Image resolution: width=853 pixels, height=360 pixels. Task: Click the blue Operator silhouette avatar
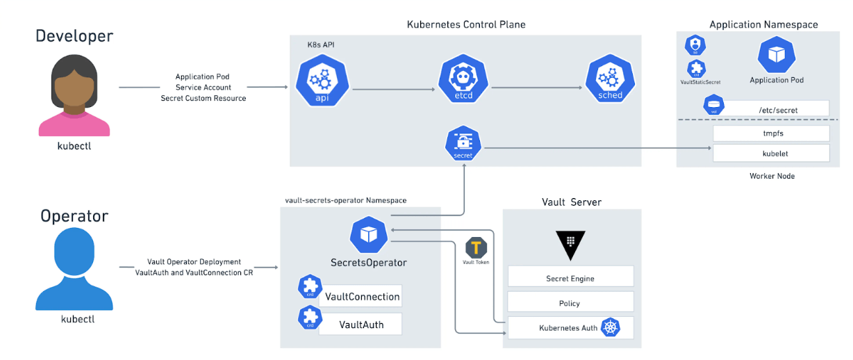[74, 272]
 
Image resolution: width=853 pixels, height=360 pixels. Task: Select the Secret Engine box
[570, 278]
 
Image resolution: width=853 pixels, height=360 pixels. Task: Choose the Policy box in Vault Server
[570, 303]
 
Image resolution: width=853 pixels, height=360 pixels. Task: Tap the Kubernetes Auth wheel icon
[611, 328]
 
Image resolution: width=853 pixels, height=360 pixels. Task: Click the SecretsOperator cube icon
[368, 234]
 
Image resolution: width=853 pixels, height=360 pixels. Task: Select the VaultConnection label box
[361, 296]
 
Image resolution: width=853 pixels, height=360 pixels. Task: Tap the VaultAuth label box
[361, 324]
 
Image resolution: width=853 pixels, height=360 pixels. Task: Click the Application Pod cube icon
[776, 55]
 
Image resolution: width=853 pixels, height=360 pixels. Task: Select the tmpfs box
[771, 133]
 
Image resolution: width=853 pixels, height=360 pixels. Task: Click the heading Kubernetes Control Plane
[465, 25]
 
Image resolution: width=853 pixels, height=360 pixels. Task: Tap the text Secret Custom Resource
[203, 98]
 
